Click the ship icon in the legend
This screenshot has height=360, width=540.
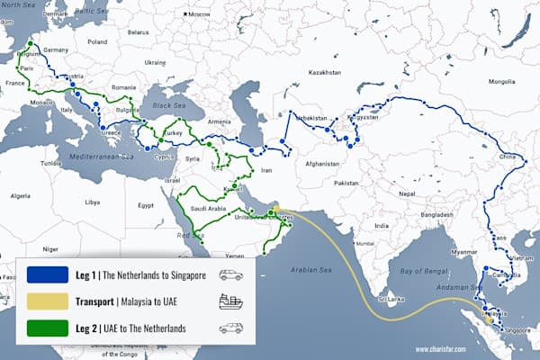tap(230, 302)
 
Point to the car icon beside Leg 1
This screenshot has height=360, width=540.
tap(230, 275)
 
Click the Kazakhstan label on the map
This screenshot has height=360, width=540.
tap(326, 71)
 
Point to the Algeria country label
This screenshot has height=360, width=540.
tap(19, 195)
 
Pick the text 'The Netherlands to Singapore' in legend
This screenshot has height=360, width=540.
tap(166, 275)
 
